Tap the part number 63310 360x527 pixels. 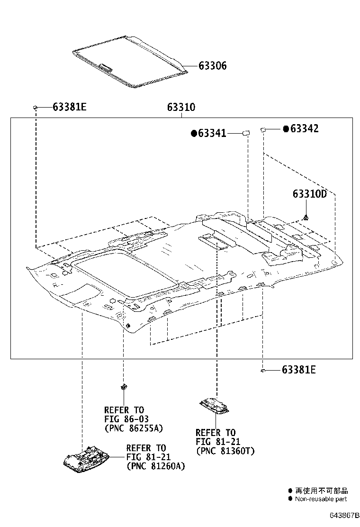180,108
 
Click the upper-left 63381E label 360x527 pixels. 69,107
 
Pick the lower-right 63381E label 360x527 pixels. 298,370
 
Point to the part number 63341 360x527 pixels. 212,134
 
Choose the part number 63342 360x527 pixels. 304,128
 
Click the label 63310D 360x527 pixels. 309,194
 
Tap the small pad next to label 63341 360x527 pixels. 246,133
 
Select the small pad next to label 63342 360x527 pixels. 263,128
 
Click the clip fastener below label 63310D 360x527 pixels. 307,218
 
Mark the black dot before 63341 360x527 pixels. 193,134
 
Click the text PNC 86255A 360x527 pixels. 134,428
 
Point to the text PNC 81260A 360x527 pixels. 155,466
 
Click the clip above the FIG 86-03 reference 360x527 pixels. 124,386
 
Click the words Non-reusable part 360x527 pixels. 321,499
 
